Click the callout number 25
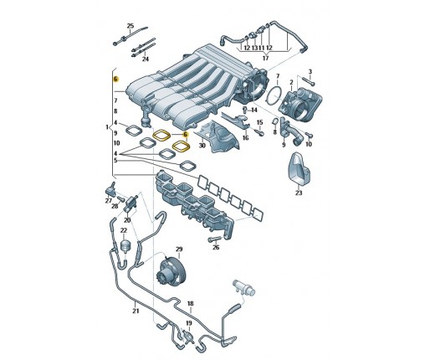click(131, 26)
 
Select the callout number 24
click(146, 59)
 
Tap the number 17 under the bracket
click(266, 58)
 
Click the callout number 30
click(202, 146)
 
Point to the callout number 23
click(299, 193)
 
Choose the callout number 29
click(179, 249)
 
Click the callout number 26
click(216, 247)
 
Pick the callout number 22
click(124, 230)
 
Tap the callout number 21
click(136, 311)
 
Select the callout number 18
click(190, 303)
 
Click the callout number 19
click(189, 323)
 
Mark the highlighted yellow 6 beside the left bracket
click(115, 80)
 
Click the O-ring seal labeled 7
click(274, 95)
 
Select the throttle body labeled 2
click(301, 105)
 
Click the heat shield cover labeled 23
click(299, 169)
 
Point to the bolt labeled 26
click(214, 239)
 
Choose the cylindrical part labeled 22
click(125, 245)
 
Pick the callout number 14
click(253, 111)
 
